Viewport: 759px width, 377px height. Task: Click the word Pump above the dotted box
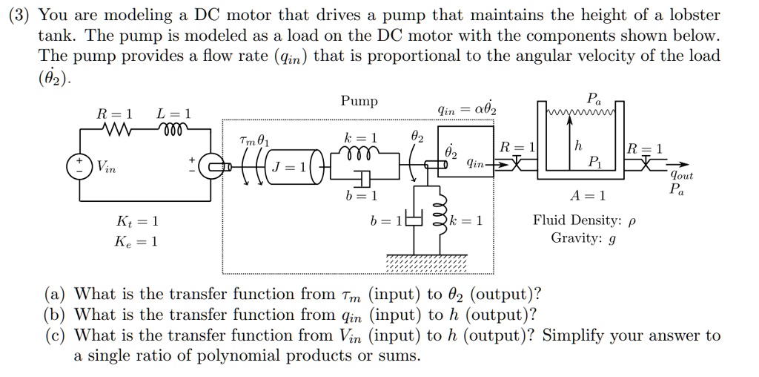359,101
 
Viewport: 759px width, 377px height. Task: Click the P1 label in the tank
593,161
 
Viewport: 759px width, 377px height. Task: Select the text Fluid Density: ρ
585,220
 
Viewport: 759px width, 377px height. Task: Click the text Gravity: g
585,238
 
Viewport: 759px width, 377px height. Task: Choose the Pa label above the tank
594,98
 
